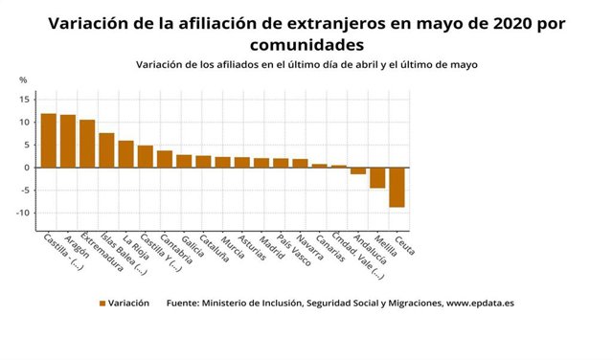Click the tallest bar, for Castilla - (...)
click(48, 140)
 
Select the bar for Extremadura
click(87, 144)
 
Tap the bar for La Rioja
click(125, 153)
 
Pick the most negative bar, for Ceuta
click(397, 187)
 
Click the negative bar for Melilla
click(377, 177)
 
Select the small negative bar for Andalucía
click(358, 170)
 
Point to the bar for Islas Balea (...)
click(106, 149)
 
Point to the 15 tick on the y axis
click(24, 100)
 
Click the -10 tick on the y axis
click(22, 213)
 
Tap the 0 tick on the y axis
click(27, 168)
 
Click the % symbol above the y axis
click(23, 80)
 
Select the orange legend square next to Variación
click(101, 303)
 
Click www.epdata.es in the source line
click(481, 303)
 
